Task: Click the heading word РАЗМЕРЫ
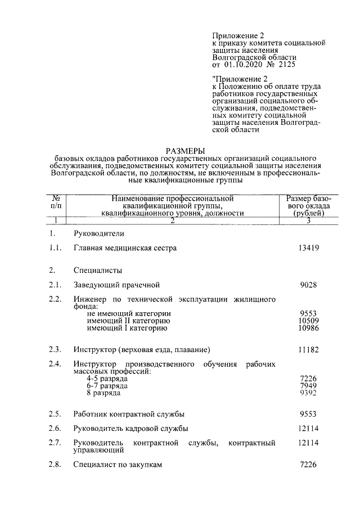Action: point(185,150)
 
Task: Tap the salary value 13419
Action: point(308,248)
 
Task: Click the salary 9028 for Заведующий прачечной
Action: point(308,285)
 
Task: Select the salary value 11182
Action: point(308,350)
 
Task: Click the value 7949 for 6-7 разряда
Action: point(308,386)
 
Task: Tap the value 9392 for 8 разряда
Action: point(308,393)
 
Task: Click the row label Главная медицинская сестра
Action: point(125,248)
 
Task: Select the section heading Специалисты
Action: point(97,270)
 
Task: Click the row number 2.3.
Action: point(55,350)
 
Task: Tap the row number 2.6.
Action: point(55,429)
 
